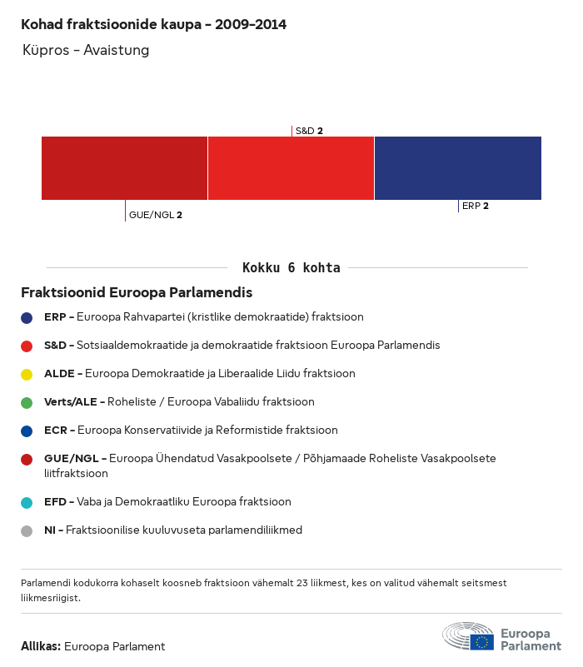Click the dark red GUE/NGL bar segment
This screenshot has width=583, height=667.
[124, 168]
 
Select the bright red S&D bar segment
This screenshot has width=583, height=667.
[291, 168]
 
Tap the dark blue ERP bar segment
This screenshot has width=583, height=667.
[457, 168]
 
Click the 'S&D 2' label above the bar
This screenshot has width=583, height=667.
[309, 131]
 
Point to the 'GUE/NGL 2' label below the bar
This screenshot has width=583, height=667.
[156, 215]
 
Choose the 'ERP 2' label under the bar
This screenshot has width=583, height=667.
[476, 206]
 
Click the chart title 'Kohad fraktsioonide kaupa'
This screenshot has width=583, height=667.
[153, 24]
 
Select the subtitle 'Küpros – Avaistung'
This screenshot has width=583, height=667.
[86, 50]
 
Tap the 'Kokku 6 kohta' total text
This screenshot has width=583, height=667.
[291, 268]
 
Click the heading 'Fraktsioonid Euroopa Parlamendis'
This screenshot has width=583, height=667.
[137, 293]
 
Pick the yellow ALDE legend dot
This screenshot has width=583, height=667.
[27, 374]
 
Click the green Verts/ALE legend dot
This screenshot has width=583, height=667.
[27, 402]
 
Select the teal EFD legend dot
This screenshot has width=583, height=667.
[27, 502]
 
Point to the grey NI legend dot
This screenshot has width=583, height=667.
[27, 530]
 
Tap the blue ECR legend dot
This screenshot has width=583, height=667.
[27, 431]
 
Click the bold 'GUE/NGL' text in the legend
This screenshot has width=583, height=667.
[71, 458]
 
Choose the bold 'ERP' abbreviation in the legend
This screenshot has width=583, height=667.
[55, 317]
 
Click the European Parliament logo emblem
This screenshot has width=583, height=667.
[468, 636]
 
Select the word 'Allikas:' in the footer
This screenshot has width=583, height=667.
[41, 646]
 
